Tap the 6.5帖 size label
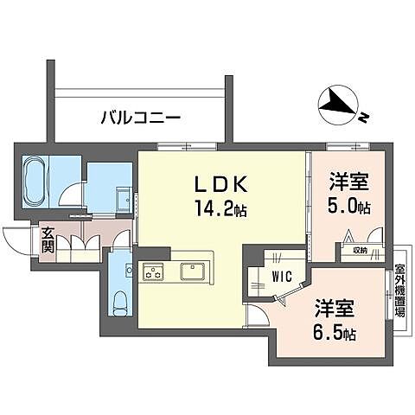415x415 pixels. tap(334, 333)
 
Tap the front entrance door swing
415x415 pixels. tap(16, 239)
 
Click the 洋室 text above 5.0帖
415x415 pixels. tap(350, 182)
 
